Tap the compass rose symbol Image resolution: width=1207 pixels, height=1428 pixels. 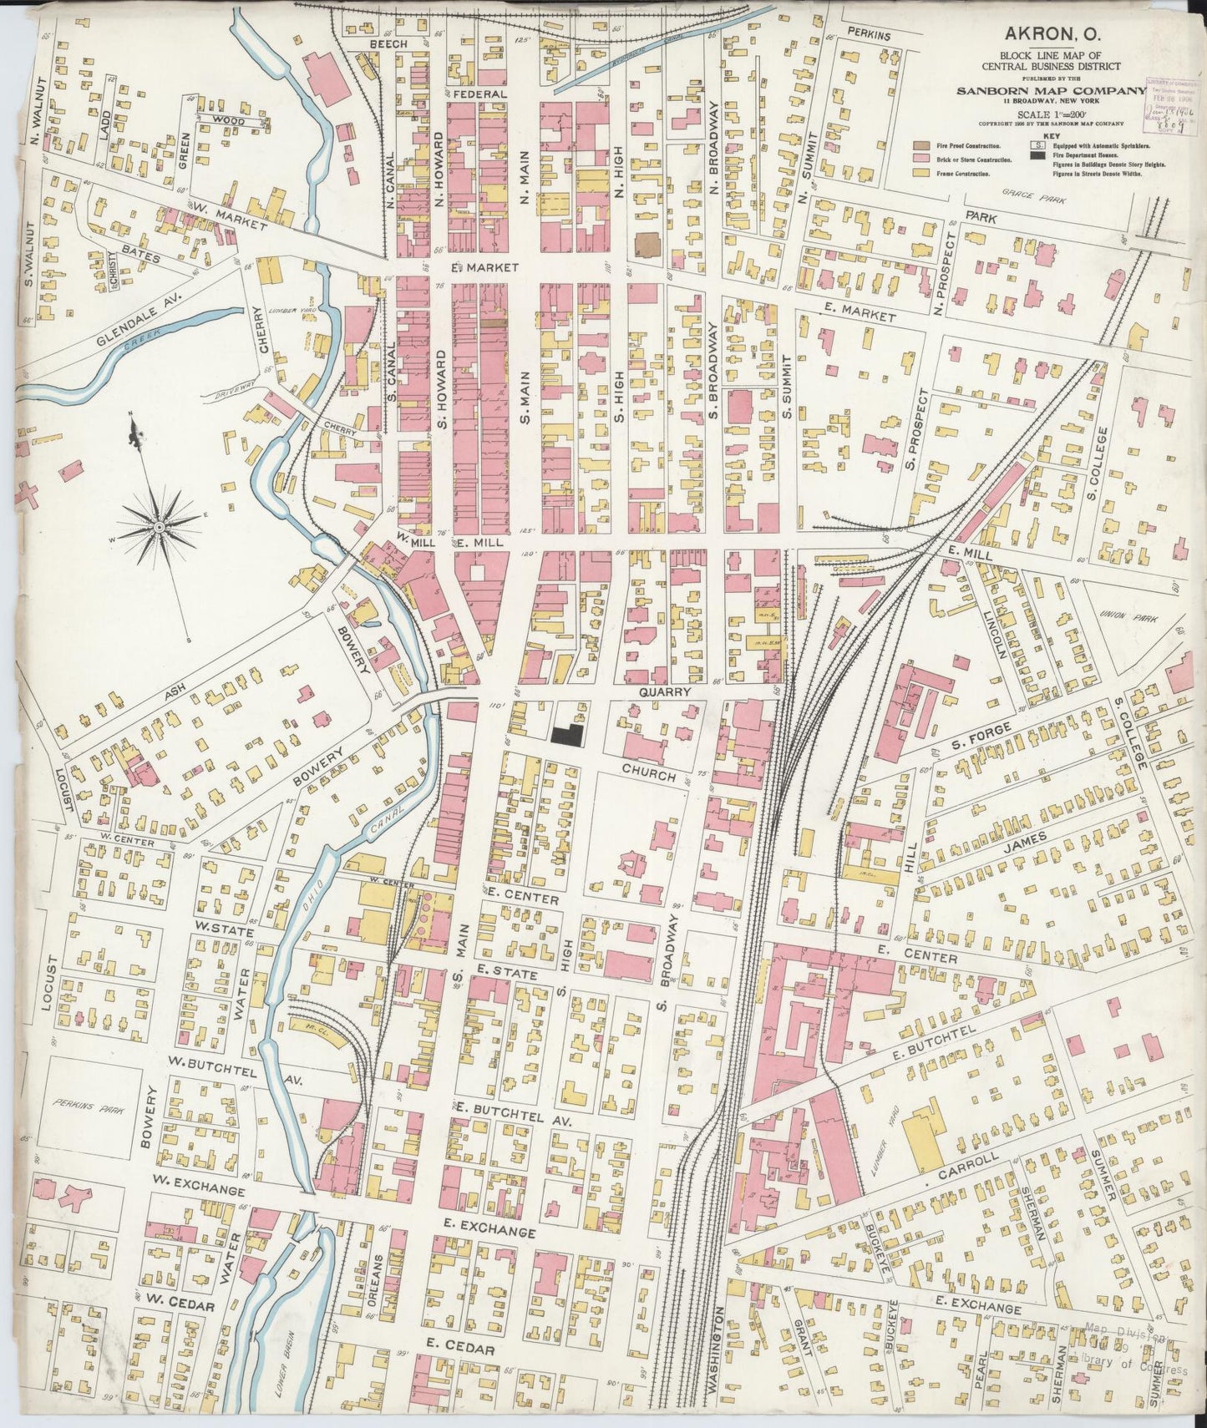tap(159, 528)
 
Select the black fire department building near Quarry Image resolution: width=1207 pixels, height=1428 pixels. tap(567, 733)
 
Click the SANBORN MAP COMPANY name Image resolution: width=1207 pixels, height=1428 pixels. tap(1051, 91)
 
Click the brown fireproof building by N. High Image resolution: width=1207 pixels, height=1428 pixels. tap(647, 246)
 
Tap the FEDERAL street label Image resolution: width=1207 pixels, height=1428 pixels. tap(480, 94)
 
